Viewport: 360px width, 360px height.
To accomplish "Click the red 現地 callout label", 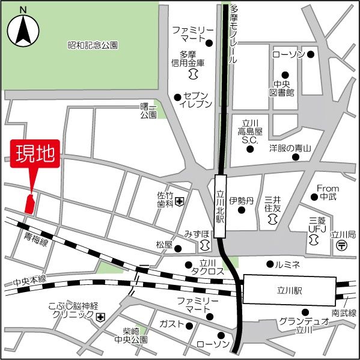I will [34, 154].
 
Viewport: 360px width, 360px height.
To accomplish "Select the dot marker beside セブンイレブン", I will [177, 97].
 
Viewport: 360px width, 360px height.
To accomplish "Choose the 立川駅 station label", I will [288, 289].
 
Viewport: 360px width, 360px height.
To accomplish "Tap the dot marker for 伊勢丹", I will [242, 211].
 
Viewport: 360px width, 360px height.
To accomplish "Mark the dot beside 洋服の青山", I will [296, 157].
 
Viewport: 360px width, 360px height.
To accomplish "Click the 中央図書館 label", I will [282, 88].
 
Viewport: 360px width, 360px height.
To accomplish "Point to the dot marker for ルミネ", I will [269, 263].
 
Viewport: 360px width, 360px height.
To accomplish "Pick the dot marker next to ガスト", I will [189, 326].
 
